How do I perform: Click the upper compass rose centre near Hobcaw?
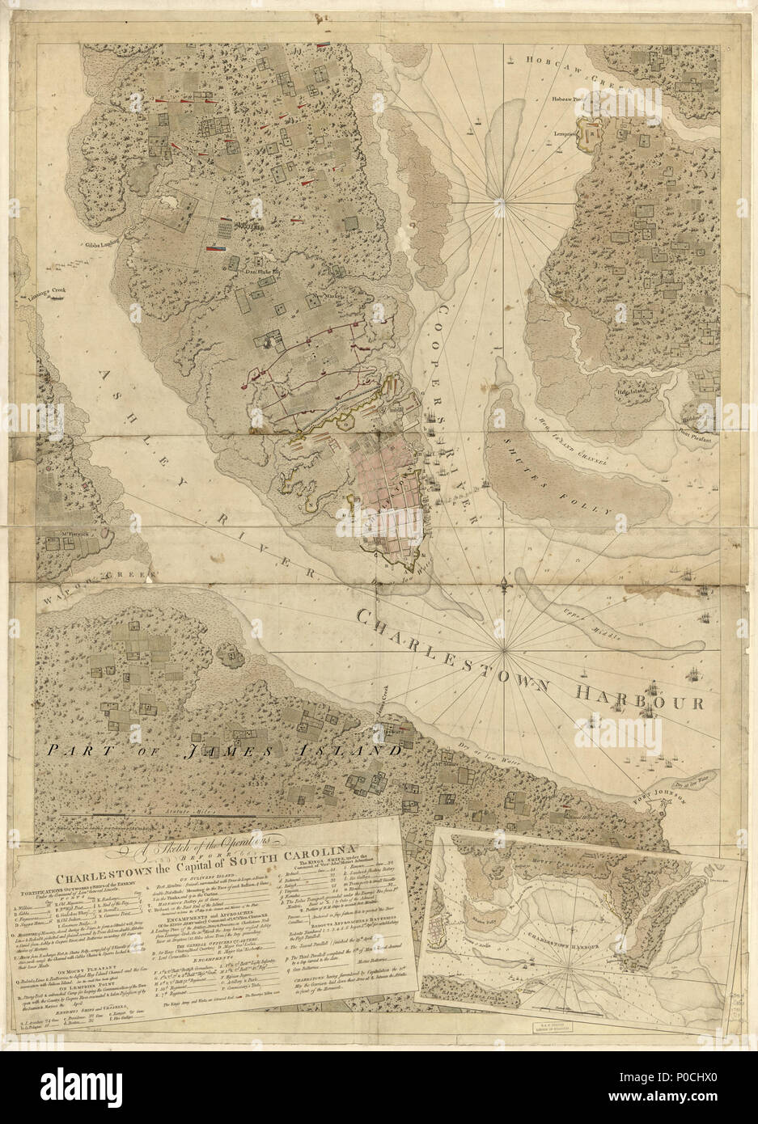click(500, 198)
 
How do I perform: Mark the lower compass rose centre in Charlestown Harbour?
click(505, 649)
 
